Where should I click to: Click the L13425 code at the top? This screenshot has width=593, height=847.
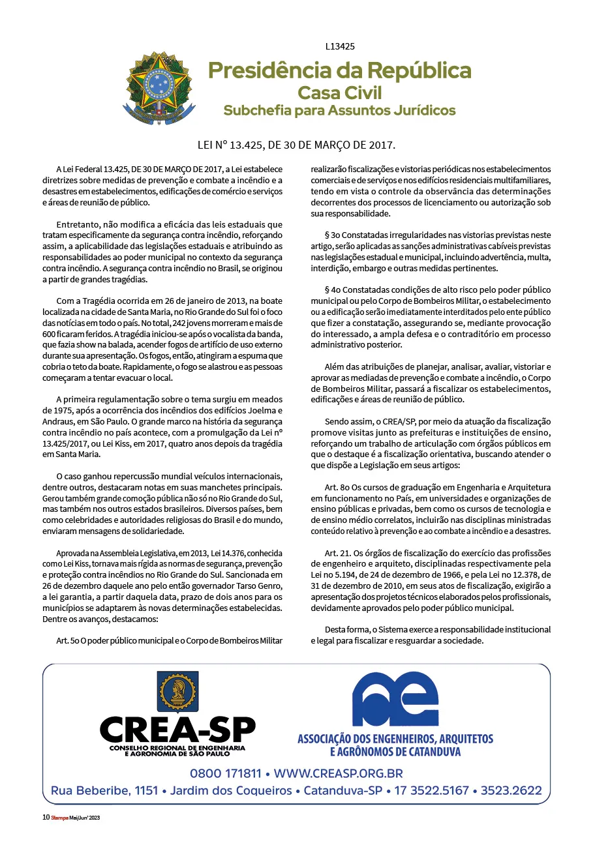click(x=340, y=46)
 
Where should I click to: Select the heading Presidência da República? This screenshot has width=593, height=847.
click(x=339, y=70)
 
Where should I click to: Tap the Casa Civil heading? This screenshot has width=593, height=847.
click(x=339, y=92)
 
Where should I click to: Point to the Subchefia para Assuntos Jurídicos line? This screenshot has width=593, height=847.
click(x=339, y=110)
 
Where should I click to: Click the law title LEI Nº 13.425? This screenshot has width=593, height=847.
click(x=296, y=144)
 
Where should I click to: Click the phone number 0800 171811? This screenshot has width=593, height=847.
click(x=226, y=774)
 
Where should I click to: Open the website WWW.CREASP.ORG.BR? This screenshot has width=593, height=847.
click(x=338, y=774)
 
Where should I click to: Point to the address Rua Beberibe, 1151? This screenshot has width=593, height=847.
click(x=104, y=791)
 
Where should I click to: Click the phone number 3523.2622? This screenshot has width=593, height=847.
click(x=511, y=791)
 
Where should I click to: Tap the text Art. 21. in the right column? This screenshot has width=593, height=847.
click(x=337, y=553)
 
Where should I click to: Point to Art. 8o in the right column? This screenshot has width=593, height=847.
click(x=336, y=487)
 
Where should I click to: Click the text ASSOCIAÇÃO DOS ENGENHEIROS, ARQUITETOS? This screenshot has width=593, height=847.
click(x=395, y=739)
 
